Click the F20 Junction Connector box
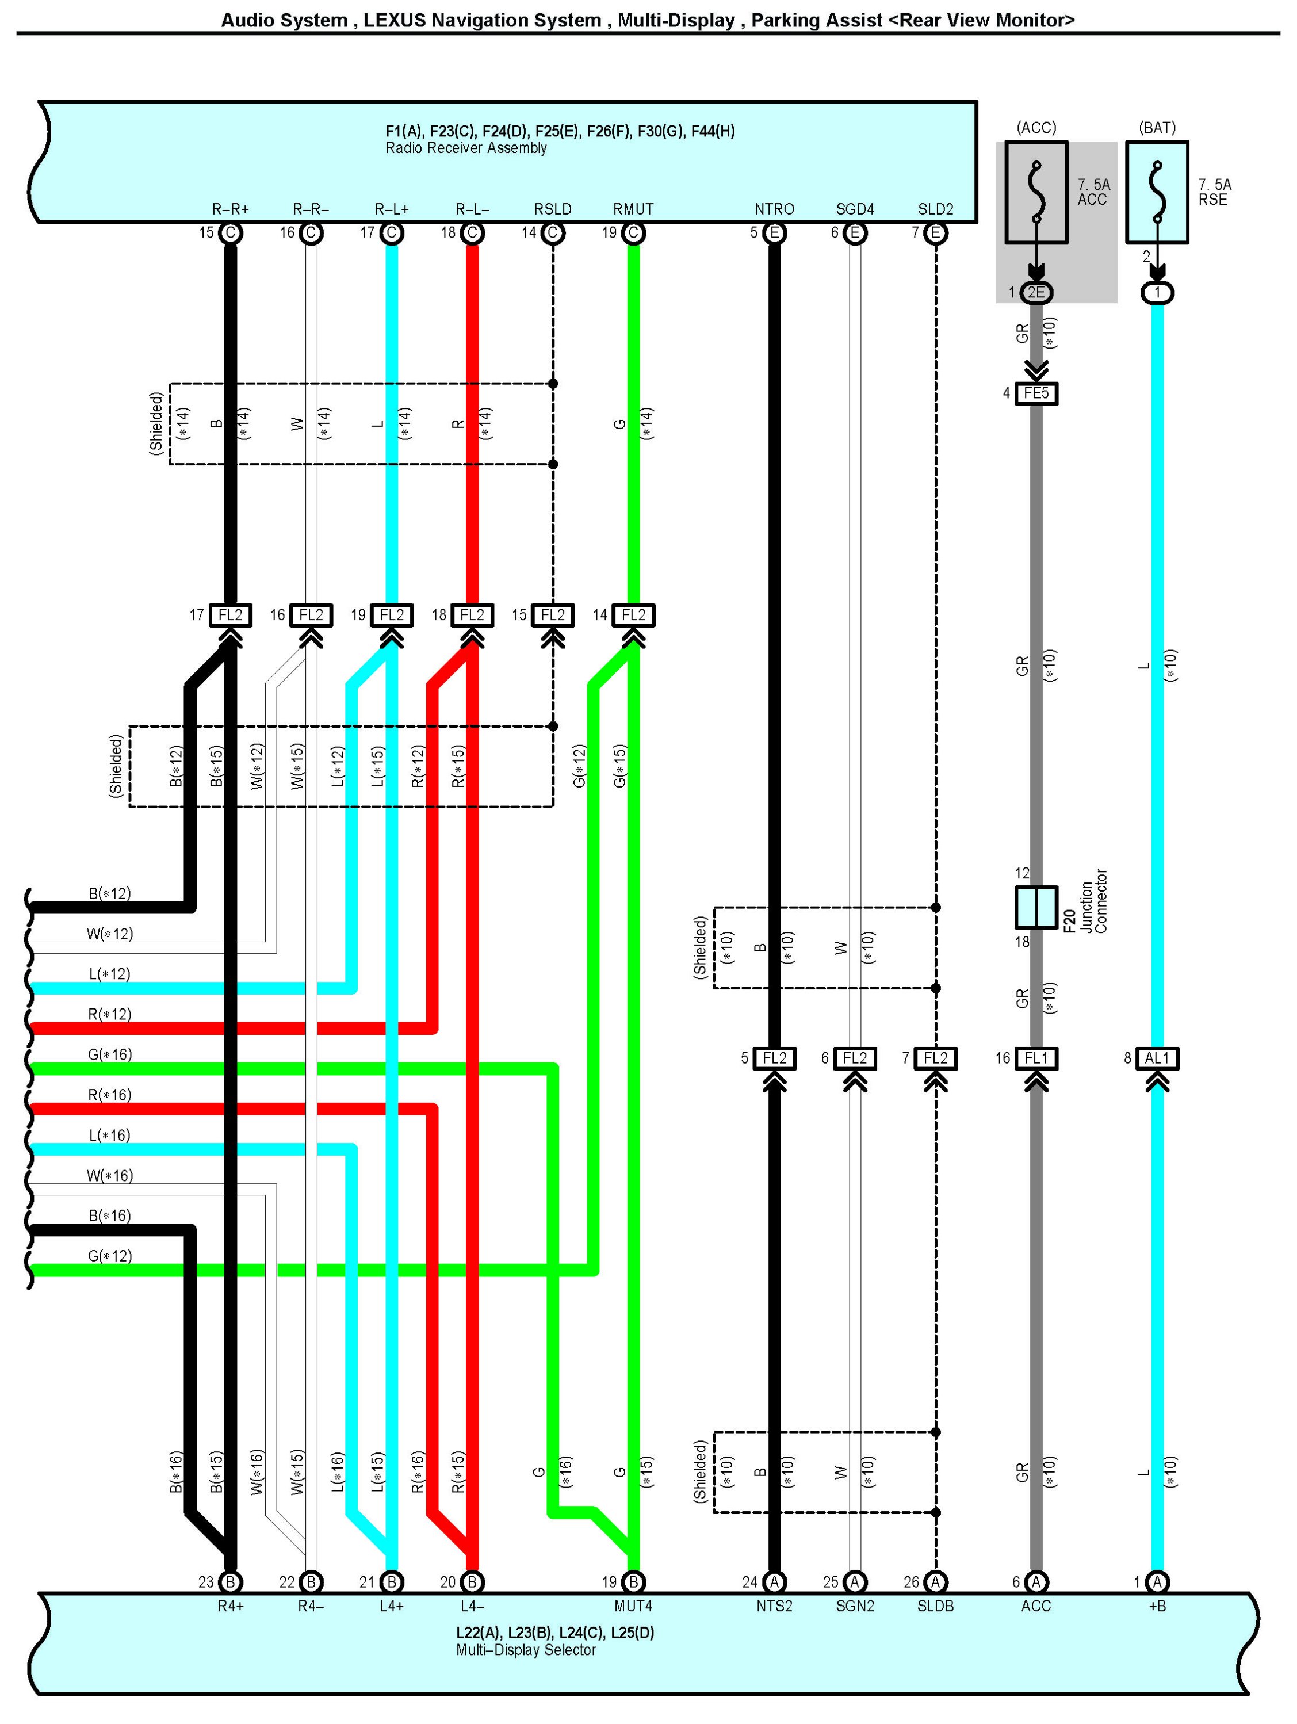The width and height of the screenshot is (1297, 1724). click(1035, 907)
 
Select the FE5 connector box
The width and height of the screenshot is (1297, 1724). click(1035, 393)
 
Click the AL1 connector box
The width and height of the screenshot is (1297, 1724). click(1157, 1058)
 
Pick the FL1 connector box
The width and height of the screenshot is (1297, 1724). click(1035, 1058)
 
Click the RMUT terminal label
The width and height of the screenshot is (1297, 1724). click(633, 209)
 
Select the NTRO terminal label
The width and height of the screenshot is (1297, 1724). click(774, 209)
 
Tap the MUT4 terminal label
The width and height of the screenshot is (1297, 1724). click(633, 1606)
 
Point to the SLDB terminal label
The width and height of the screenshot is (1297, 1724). click(935, 1606)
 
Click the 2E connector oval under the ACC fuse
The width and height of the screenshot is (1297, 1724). click(1035, 293)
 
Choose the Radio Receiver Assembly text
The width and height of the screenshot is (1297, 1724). click(466, 148)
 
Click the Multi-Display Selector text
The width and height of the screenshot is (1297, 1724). click(526, 1650)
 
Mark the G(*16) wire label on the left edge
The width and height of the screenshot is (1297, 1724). click(109, 1054)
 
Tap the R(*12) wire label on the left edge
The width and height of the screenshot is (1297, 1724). click(109, 1014)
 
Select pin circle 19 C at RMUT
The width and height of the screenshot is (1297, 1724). click(633, 233)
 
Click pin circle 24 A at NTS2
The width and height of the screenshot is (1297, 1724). click(774, 1582)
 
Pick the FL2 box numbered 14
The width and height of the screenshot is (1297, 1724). click(633, 615)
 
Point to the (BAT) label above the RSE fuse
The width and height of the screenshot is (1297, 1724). click(1157, 127)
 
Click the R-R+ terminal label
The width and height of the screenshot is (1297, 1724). click(231, 209)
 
